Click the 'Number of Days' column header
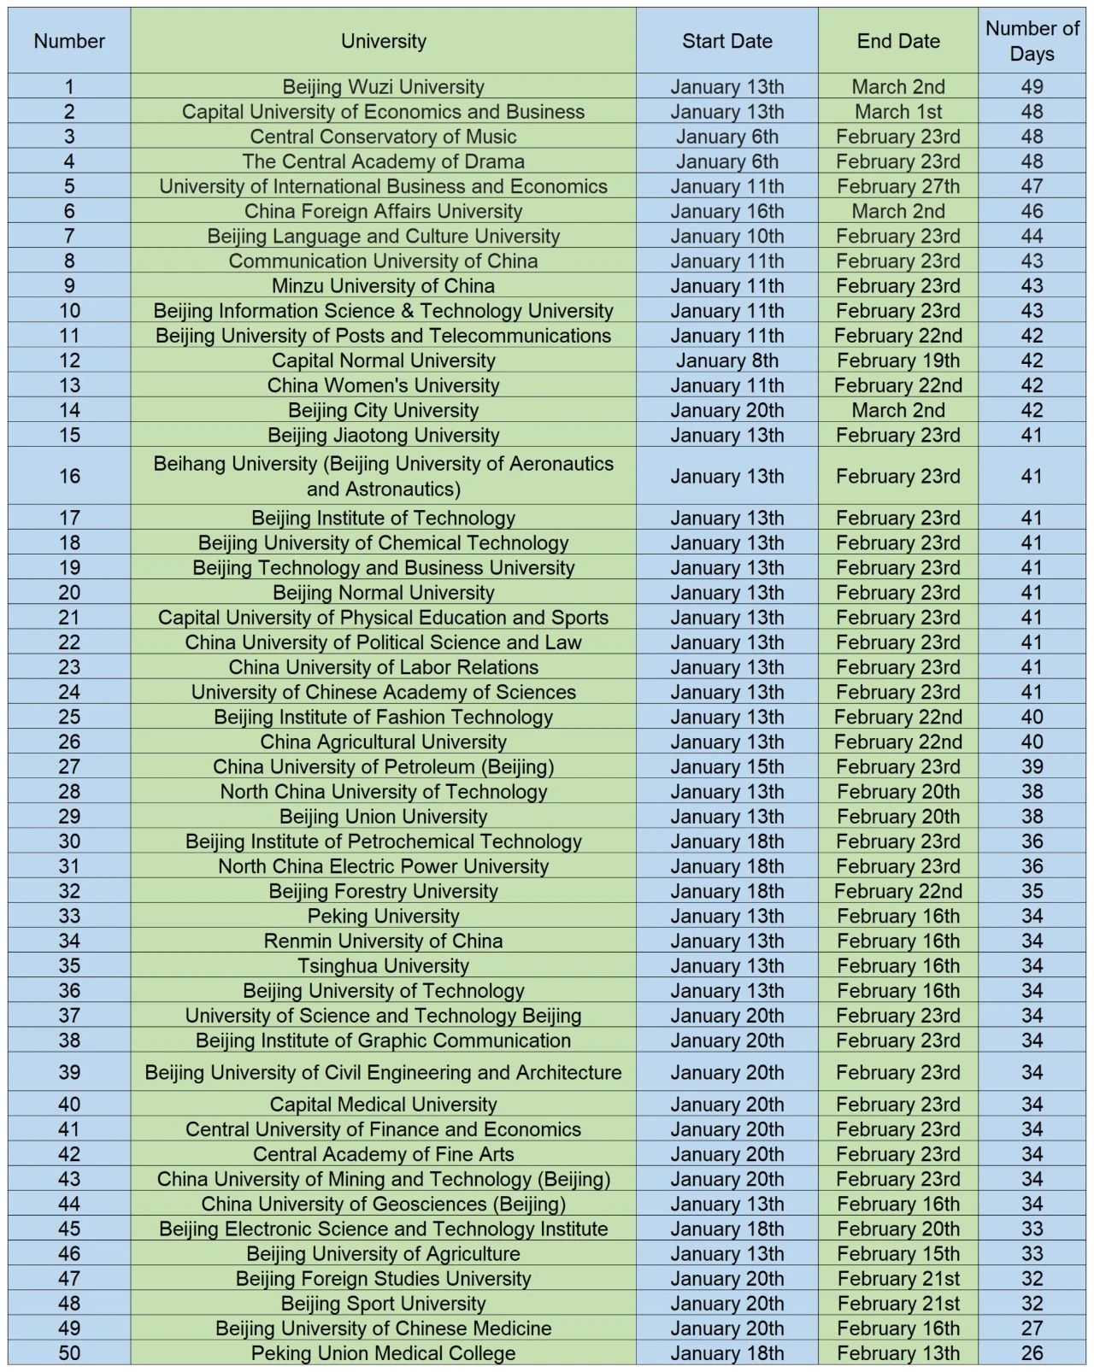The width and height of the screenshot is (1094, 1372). (x=1032, y=41)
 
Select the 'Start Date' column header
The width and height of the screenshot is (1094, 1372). (x=726, y=41)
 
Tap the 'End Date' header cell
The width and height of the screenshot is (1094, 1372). (x=898, y=41)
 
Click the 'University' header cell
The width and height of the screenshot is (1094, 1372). (x=383, y=41)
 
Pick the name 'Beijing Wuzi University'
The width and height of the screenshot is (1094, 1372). (x=383, y=87)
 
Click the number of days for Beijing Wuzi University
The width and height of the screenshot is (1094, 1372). (x=1032, y=87)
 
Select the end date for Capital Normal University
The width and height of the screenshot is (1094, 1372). (x=898, y=361)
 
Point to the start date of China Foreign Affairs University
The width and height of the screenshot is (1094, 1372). (x=726, y=211)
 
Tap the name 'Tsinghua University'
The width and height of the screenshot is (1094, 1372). (x=383, y=966)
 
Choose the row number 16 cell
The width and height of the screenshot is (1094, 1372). (x=69, y=476)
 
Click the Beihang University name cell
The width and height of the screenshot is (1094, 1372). (x=383, y=476)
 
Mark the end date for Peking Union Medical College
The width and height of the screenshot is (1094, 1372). (x=898, y=1353)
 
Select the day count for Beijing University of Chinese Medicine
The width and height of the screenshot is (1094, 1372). (x=1032, y=1328)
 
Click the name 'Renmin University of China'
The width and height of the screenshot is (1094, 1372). (x=383, y=941)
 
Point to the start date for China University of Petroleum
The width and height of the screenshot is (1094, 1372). (x=726, y=767)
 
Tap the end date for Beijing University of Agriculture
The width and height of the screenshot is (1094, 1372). (x=898, y=1254)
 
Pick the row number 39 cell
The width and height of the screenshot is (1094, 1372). (x=69, y=1072)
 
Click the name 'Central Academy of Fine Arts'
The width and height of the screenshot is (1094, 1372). (x=383, y=1154)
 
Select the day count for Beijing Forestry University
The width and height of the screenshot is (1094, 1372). (x=1032, y=891)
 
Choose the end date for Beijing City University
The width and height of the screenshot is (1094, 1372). (x=898, y=410)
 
